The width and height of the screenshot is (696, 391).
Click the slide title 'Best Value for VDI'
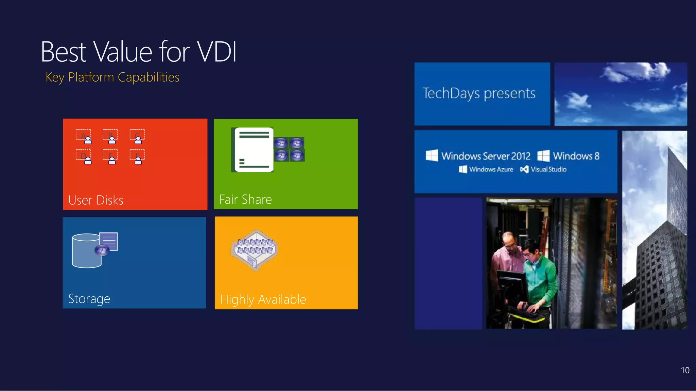pos(138,52)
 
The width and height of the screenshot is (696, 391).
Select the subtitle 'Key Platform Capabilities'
pos(112,77)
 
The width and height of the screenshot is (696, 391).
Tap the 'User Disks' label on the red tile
pos(96,200)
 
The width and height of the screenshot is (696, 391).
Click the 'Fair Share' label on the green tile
pos(245,199)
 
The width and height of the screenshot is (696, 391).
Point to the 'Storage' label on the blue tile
pos(89,299)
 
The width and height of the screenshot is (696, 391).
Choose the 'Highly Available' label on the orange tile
pos(263,299)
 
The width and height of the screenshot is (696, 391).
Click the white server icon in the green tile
pos(254,150)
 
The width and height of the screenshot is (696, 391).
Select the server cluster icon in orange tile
pos(255,250)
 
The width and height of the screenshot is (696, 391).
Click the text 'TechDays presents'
pos(479,93)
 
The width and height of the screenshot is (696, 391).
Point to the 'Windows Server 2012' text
pos(485,156)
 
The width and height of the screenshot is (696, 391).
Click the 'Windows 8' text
pos(576,156)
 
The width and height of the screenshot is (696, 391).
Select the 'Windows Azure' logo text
pos(491,169)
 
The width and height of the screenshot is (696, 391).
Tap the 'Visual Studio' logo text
pos(548,169)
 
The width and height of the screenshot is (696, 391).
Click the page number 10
pos(685,370)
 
